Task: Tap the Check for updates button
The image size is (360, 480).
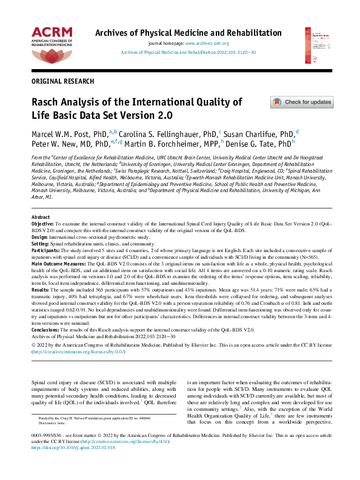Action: (x=301, y=102)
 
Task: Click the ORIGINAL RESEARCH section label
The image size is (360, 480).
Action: (x=62, y=81)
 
